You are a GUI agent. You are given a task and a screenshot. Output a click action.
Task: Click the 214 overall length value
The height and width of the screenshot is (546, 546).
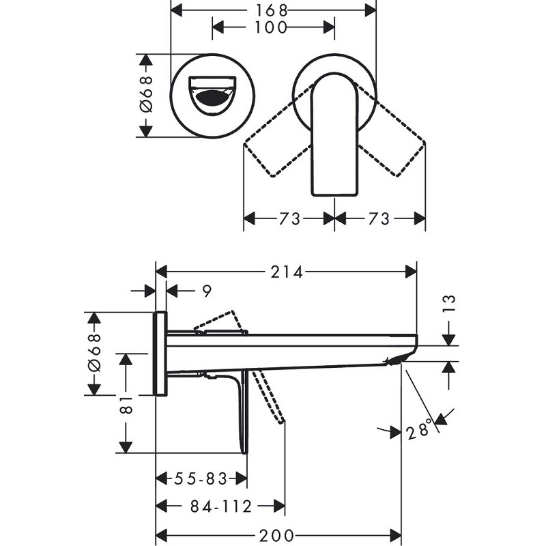tap(287, 272)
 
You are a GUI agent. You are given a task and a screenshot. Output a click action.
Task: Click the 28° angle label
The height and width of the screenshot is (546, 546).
tap(420, 429)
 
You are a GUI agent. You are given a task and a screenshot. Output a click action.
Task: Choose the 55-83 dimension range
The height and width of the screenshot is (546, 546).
tap(200, 479)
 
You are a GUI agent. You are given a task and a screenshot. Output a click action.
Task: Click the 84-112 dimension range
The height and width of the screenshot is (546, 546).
tap(221, 506)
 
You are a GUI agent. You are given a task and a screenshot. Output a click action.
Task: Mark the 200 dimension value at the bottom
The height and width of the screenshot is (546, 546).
tap(278, 534)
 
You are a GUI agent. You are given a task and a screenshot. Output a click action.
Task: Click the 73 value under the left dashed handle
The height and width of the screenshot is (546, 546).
tap(289, 218)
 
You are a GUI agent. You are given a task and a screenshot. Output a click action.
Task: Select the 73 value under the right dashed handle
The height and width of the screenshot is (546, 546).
tap(379, 218)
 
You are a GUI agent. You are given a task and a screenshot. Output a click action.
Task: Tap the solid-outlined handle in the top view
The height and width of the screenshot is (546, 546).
tap(334, 136)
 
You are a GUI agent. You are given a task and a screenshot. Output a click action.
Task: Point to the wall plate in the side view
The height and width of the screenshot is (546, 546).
tap(160, 354)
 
